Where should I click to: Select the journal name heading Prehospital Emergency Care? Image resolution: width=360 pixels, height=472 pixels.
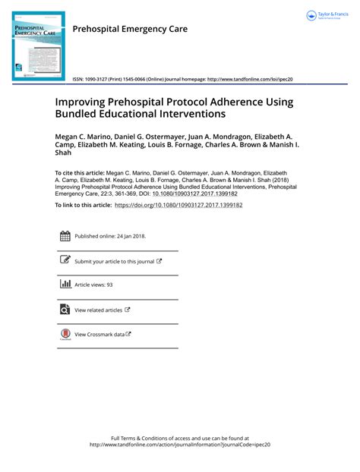point(129,29)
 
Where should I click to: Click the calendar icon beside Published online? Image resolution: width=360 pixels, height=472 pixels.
point(65,235)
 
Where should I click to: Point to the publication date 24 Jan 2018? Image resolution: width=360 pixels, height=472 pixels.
point(131,236)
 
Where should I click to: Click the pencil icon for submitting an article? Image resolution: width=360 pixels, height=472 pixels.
point(65,260)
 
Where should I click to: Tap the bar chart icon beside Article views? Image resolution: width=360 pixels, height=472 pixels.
point(65,285)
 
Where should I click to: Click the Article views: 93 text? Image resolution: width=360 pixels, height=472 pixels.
point(93,285)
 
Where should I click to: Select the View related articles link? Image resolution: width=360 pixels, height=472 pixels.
point(99,310)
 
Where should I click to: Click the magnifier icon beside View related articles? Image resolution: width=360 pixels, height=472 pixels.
point(65,310)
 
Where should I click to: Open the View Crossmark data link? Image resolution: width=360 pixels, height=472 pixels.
point(99,334)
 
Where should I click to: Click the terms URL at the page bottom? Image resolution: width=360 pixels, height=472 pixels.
point(180,445)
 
